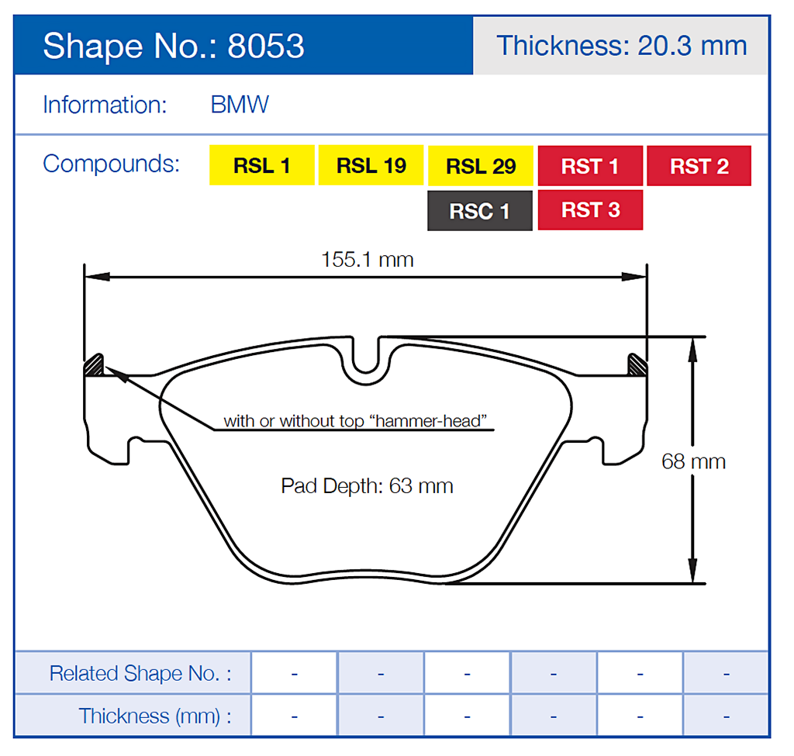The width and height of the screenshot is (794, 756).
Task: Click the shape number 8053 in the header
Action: [265, 47]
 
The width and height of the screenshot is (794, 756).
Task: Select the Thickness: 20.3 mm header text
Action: [621, 46]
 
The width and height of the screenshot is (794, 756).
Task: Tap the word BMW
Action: [240, 105]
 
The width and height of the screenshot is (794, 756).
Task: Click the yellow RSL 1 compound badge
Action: [261, 165]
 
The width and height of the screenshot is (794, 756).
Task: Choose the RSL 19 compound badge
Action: [371, 165]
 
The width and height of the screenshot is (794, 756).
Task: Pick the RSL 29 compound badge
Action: [480, 166]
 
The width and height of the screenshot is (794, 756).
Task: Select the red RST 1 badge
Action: [590, 166]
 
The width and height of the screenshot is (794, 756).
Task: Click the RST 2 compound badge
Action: [699, 166]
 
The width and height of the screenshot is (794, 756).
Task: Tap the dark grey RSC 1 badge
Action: [480, 210]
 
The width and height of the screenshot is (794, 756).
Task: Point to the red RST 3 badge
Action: [590, 210]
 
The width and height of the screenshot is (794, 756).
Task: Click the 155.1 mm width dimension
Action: [368, 259]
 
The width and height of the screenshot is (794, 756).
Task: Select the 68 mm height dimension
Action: [693, 461]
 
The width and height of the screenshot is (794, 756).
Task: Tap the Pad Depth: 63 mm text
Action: [367, 486]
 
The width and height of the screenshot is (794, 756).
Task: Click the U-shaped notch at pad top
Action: [368, 360]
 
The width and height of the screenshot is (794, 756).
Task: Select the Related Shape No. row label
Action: [140, 673]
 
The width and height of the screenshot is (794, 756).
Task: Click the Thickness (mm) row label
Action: [155, 716]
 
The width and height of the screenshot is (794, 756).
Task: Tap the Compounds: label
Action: [111, 164]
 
